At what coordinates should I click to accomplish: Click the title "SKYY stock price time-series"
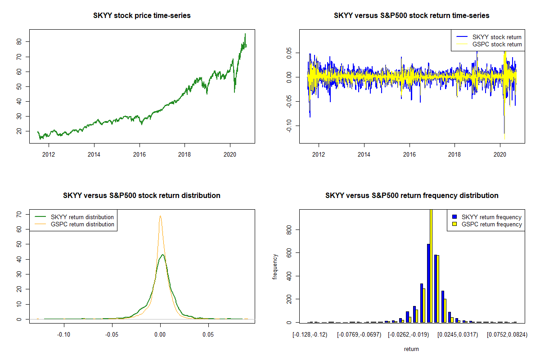142,16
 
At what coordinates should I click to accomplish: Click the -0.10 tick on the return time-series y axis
293,126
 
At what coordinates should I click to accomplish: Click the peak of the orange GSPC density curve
160,216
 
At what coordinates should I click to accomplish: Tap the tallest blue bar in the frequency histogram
428,283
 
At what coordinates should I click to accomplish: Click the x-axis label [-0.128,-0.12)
310,335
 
